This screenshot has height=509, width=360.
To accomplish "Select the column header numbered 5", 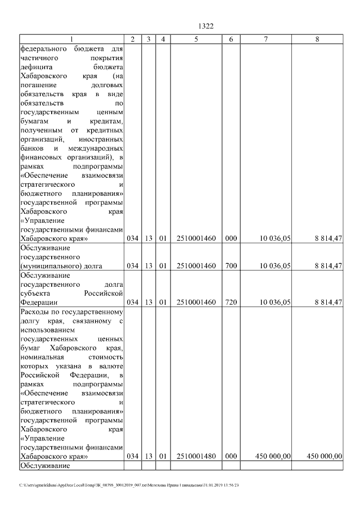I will pyautogui.click(x=196, y=39).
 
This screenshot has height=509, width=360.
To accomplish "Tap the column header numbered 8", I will pyautogui.click(x=319, y=39).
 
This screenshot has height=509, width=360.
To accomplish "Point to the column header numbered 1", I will pyautogui.click(x=71, y=39).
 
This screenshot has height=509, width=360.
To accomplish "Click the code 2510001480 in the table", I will pyautogui.click(x=196, y=456).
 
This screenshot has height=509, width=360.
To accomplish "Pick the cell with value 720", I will pyautogui.click(x=231, y=302).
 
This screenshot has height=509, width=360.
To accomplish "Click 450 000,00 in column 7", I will pyautogui.click(x=272, y=456).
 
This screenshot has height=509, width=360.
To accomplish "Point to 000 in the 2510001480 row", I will pyautogui.click(x=231, y=456).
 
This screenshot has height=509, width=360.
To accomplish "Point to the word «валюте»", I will pyautogui.click(x=111, y=366).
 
